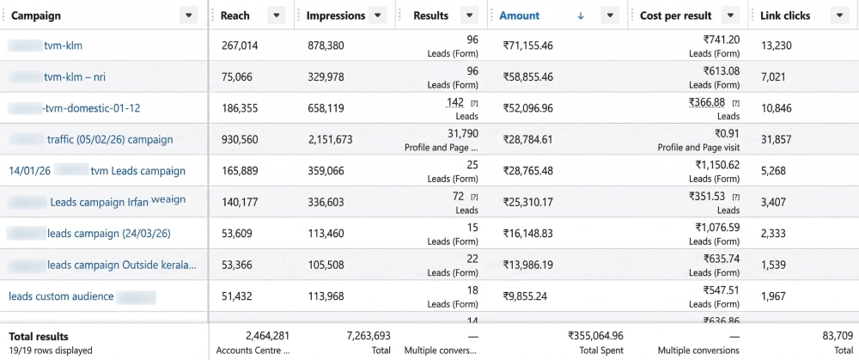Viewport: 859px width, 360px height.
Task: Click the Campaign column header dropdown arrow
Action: pos(189,15)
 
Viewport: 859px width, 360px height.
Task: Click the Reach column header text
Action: pos(235,15)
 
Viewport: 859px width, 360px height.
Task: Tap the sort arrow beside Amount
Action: pos(581,15)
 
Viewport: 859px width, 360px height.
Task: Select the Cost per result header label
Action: pos(676,15)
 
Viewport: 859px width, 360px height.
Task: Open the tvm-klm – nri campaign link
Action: pos(82,76)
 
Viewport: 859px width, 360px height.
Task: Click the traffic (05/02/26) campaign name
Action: pos(109,139)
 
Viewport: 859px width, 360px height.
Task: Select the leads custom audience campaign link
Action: pos(61,296)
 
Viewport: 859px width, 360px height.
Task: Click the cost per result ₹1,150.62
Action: pos(716,164)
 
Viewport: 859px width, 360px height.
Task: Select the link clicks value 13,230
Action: pos(777,46)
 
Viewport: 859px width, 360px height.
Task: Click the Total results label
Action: pos(39,336)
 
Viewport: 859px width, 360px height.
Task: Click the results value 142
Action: pos(454,102)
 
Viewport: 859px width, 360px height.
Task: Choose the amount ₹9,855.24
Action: pos(525,296)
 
